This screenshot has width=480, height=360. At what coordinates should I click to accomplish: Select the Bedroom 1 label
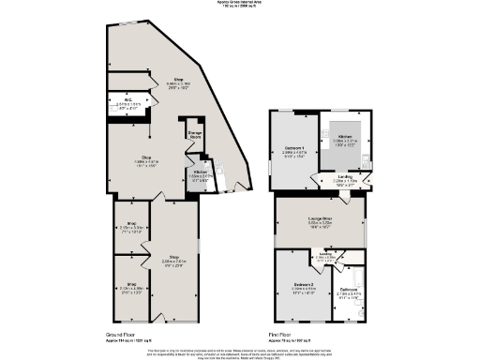294,149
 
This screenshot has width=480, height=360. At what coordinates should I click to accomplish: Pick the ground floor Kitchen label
201,172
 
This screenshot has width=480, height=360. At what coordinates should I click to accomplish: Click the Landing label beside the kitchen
345,177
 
